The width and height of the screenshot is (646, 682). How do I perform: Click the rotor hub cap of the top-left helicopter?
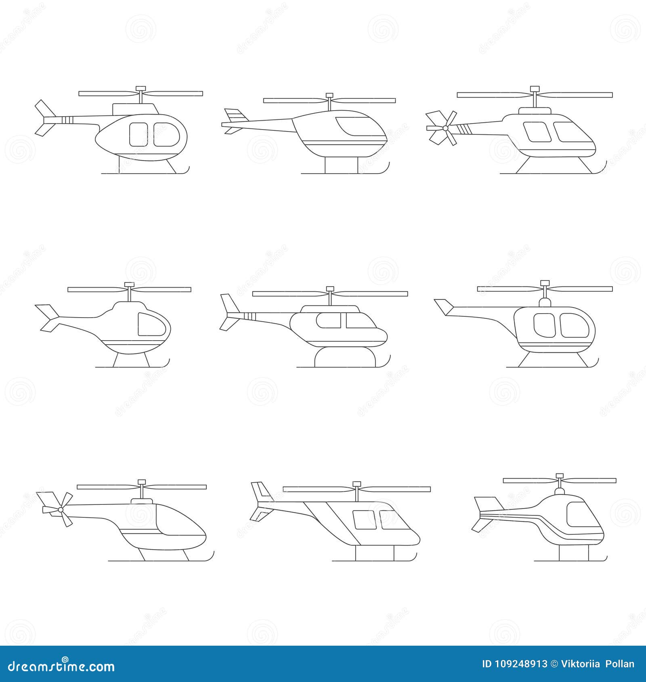141,88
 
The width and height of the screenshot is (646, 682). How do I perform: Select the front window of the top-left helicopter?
166,134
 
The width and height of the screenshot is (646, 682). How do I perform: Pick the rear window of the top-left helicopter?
138,134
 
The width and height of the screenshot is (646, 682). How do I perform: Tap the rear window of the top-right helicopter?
537,132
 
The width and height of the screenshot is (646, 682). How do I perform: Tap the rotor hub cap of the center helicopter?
330,289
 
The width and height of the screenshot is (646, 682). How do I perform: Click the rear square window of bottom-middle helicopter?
364,520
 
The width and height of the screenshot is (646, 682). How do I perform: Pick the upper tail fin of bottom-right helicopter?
488,504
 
